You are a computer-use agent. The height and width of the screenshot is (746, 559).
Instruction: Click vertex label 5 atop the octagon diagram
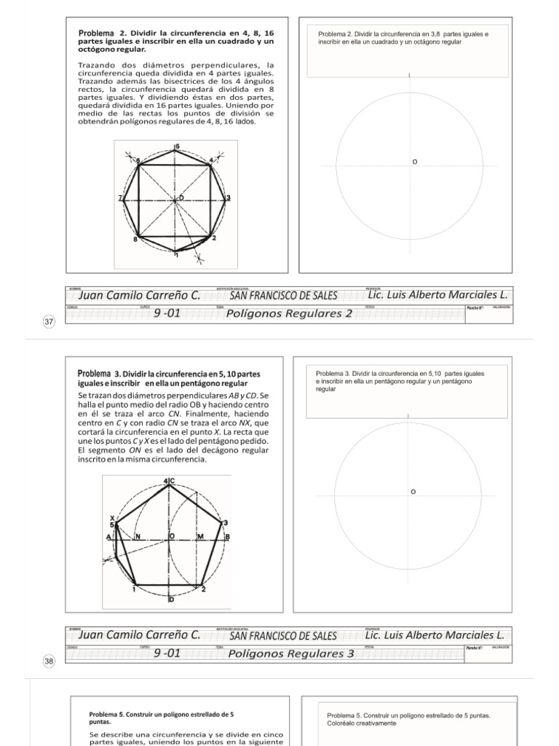(x=176, y=147)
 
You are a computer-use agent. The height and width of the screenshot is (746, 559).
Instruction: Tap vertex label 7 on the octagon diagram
(x=120, y=198)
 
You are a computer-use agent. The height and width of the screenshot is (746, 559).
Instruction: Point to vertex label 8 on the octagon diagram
(x=135, y=239)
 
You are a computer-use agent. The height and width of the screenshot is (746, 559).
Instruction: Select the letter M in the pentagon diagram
(x=199, y=536)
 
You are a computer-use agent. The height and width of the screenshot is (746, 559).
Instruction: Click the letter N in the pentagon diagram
(x=137, y=536)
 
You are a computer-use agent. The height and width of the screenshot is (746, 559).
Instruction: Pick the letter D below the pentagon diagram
(x=172, y=599)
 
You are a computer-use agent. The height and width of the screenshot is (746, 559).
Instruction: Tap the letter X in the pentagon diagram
(x=112, y=517)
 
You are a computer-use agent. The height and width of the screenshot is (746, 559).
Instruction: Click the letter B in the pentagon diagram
(x=227, y=537)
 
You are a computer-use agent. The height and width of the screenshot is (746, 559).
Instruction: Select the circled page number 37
(x=49, y=322)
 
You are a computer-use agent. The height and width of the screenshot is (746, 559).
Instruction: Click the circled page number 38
(x=49, y=661)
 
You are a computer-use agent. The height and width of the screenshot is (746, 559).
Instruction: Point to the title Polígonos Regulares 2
(x=290, y=314)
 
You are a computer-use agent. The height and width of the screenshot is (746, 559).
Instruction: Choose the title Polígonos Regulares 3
(x=291, y=653)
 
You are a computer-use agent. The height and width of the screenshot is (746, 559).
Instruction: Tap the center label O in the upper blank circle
(x=415, y=162)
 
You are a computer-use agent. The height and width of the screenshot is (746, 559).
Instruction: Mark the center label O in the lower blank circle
(x=413, y=492)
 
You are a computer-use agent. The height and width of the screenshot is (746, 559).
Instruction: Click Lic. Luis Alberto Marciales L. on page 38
(x=435, y=635)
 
